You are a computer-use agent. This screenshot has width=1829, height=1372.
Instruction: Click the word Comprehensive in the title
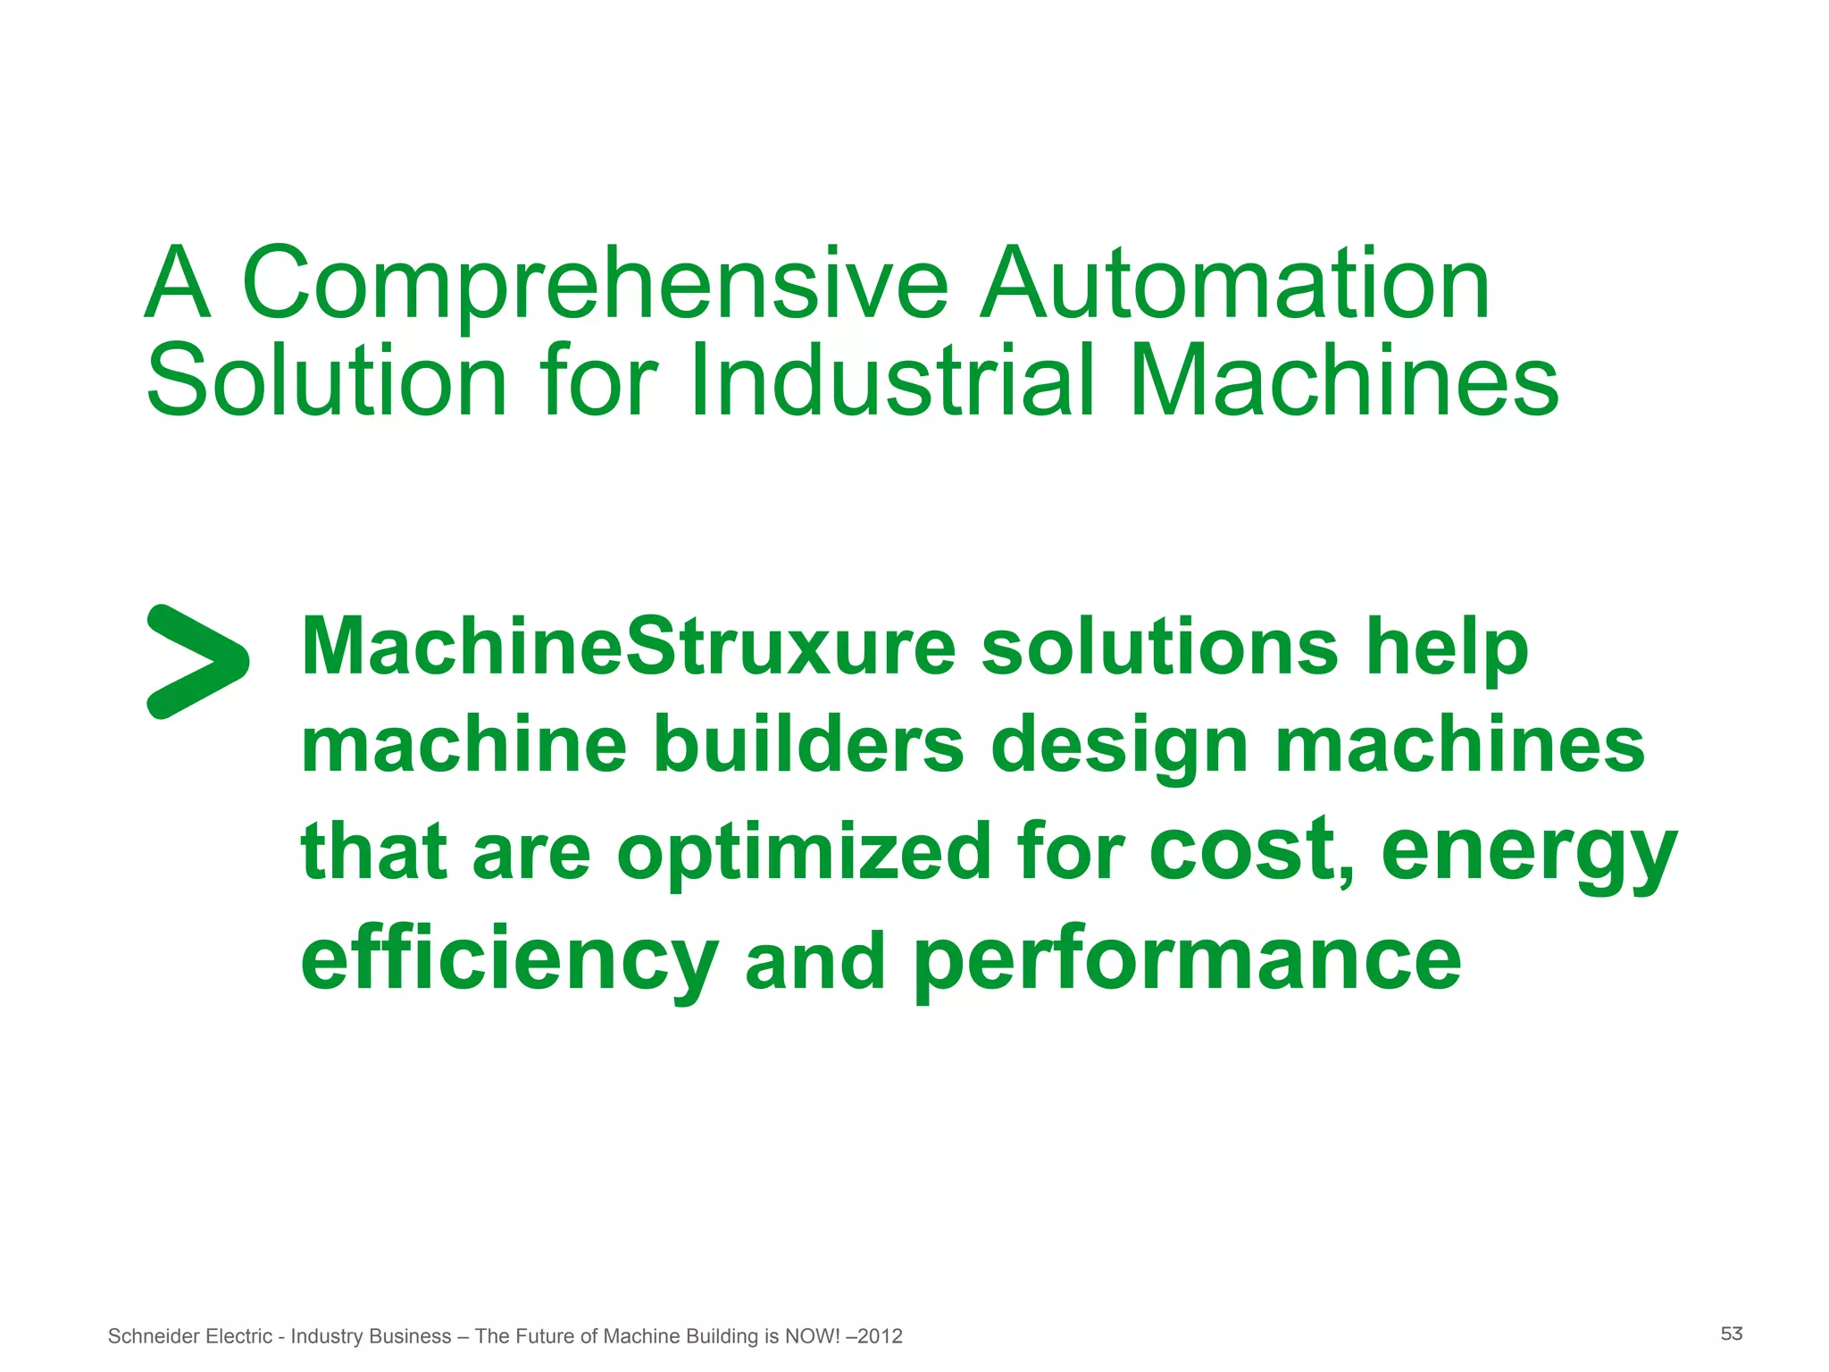click(x=594, y=284)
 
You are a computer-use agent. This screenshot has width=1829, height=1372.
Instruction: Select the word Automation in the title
click(x=1235, y=284)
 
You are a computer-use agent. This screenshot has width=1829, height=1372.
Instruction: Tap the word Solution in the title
click(x=326, y=382)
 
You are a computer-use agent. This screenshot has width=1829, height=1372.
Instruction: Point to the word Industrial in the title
click(x=891, y=382)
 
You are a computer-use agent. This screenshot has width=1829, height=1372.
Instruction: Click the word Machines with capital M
click(x=1343, y=382)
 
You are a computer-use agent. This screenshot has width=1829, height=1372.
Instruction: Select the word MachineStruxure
click(x=629, y=647)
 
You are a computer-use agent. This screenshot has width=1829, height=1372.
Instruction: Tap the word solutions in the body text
click(x=1159, y=647)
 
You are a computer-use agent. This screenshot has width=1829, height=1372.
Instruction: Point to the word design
click(x=1119, y=747)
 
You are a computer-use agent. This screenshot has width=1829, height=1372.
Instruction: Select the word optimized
click(x=804, y=853)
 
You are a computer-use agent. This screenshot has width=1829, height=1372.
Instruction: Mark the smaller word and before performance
click(x=814, y=962)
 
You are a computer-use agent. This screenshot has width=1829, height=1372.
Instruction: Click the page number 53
click(x=1731, y=1334)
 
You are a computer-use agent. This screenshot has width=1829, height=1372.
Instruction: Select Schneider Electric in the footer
click(x=189, y=1336)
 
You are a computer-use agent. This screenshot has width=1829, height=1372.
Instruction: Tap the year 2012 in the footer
click(x=880, y=1336)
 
